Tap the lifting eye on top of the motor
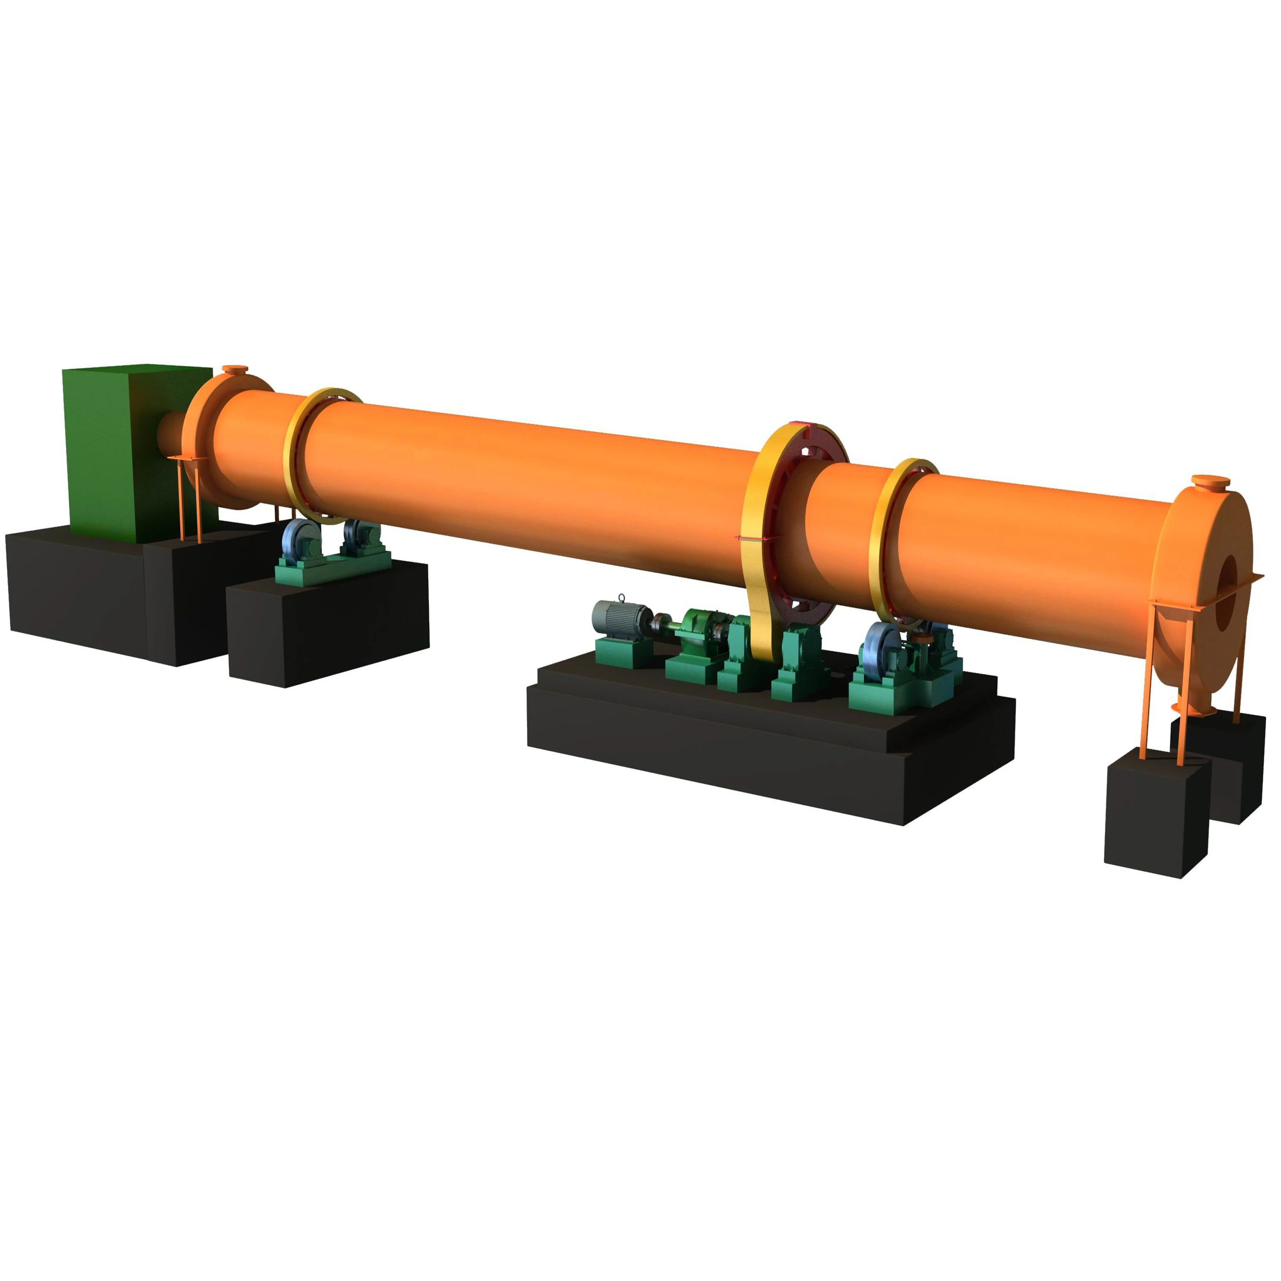point(622,598)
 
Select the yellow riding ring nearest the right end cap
point(882,537)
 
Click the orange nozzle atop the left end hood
point(235,370)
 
